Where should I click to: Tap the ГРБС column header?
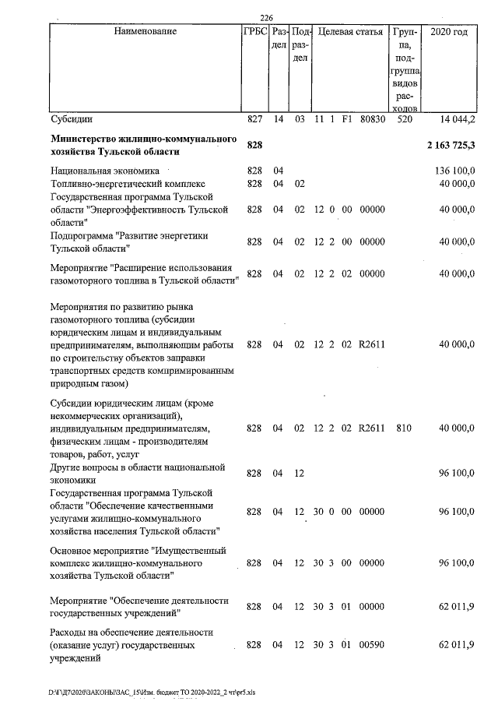click(x=254, y=32)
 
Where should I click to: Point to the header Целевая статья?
click(x=350, y=32)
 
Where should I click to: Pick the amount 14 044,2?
click(x=458, y=120)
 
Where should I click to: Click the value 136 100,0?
click(x=457, y=170)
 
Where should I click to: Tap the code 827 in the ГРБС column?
click(x=254, y=120)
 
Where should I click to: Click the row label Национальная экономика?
click(x=104, y=170)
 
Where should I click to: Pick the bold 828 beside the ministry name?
click(x=255, y=146)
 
